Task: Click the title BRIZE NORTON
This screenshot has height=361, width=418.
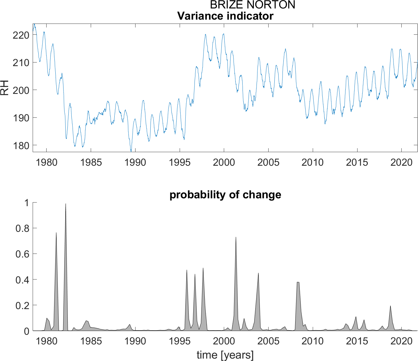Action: click(253, 5)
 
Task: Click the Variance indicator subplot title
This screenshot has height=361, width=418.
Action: click(225, 16)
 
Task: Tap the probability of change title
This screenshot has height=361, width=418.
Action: click(225, 195)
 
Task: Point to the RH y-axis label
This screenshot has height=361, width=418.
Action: click(5, 88)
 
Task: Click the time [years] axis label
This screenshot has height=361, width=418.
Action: click(225, 355)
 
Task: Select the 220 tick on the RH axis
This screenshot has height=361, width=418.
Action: click(21, 35)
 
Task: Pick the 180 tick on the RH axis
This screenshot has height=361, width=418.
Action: click(21, 145)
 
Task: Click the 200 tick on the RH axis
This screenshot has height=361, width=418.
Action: click(21, 90)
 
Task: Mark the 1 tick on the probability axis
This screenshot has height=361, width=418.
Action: click(27, 203)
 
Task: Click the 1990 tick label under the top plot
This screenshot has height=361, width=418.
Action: click(135, 162)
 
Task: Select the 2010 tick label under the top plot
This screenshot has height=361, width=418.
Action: click(312, 162)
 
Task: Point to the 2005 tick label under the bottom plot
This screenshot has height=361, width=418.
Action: click(268, 341)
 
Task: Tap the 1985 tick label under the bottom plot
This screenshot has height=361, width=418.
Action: click(91, 341)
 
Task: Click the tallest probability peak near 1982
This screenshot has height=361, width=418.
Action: click(66, 204)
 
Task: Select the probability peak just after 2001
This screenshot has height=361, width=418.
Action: click(236, 238)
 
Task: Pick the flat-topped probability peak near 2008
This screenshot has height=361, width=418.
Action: click(298, 283)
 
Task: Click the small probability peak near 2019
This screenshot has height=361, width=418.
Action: click(390, 306)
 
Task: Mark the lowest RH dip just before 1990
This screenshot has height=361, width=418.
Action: click(131, 151)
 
